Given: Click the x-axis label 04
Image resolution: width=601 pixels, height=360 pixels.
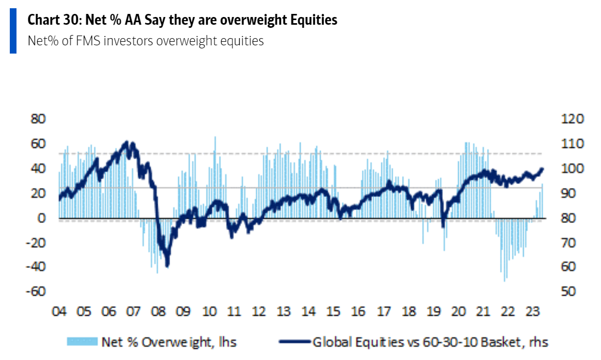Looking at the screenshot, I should click(59, 312).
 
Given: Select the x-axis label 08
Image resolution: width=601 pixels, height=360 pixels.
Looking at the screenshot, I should click(159, 312).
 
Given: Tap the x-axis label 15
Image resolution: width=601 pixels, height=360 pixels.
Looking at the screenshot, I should click(333, 312).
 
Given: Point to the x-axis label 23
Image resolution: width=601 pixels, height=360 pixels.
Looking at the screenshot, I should click(532, 312).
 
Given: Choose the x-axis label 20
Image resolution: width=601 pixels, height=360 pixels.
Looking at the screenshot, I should click(458, 312).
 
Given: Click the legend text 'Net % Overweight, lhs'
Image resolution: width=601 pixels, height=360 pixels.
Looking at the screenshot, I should click(169, 341).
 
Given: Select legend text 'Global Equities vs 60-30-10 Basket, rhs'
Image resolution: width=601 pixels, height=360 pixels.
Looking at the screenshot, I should click(430, 341).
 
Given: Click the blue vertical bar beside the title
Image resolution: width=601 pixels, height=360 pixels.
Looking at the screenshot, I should click(13, 31).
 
